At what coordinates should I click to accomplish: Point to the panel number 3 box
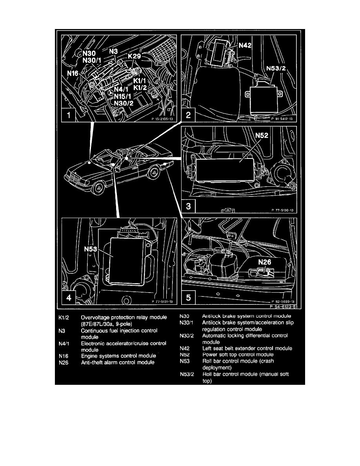click(x=189, y=206)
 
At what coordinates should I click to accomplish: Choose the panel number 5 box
click(x=189, y=298)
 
